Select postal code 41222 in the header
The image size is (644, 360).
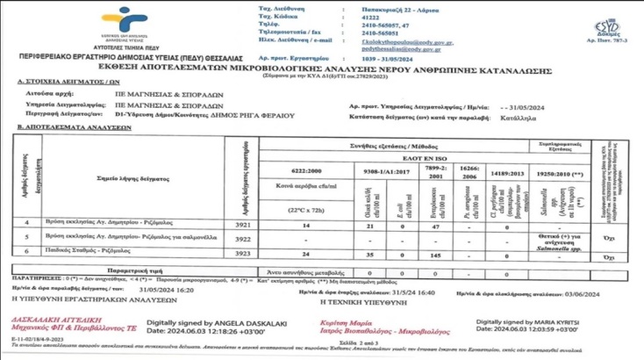pyautogui.click(x=375, y=17)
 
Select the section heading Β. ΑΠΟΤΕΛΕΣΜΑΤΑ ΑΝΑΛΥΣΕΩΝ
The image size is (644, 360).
pyautogui.click(x=72, y=126)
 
